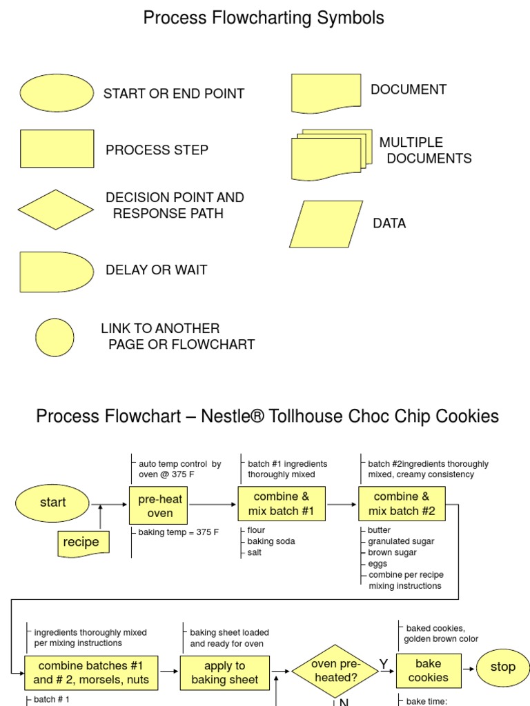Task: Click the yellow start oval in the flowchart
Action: click(x=52, y=503)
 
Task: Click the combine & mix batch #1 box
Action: click(x=281, y=504)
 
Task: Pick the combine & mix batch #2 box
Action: click(x=402, y=504)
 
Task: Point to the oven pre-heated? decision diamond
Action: click(x=334, y=671)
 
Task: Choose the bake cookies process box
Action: click(x=428, y=670)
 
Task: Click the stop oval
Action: click(x=502, y=667)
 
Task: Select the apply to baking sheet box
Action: click(x=224, y=673)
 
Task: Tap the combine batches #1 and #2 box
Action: click(x=91, y=673)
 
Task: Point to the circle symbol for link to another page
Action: click(x=55, y=337)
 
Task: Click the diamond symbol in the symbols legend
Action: click(x=55, y=210)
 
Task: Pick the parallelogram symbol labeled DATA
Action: click(x=326, y=224)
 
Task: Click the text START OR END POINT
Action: click(x=174, y=94)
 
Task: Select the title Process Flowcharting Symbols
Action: click(x=264, y=19)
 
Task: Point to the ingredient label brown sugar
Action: click(x=392, y=552)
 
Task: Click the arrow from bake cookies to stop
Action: click(x=467, y=668)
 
